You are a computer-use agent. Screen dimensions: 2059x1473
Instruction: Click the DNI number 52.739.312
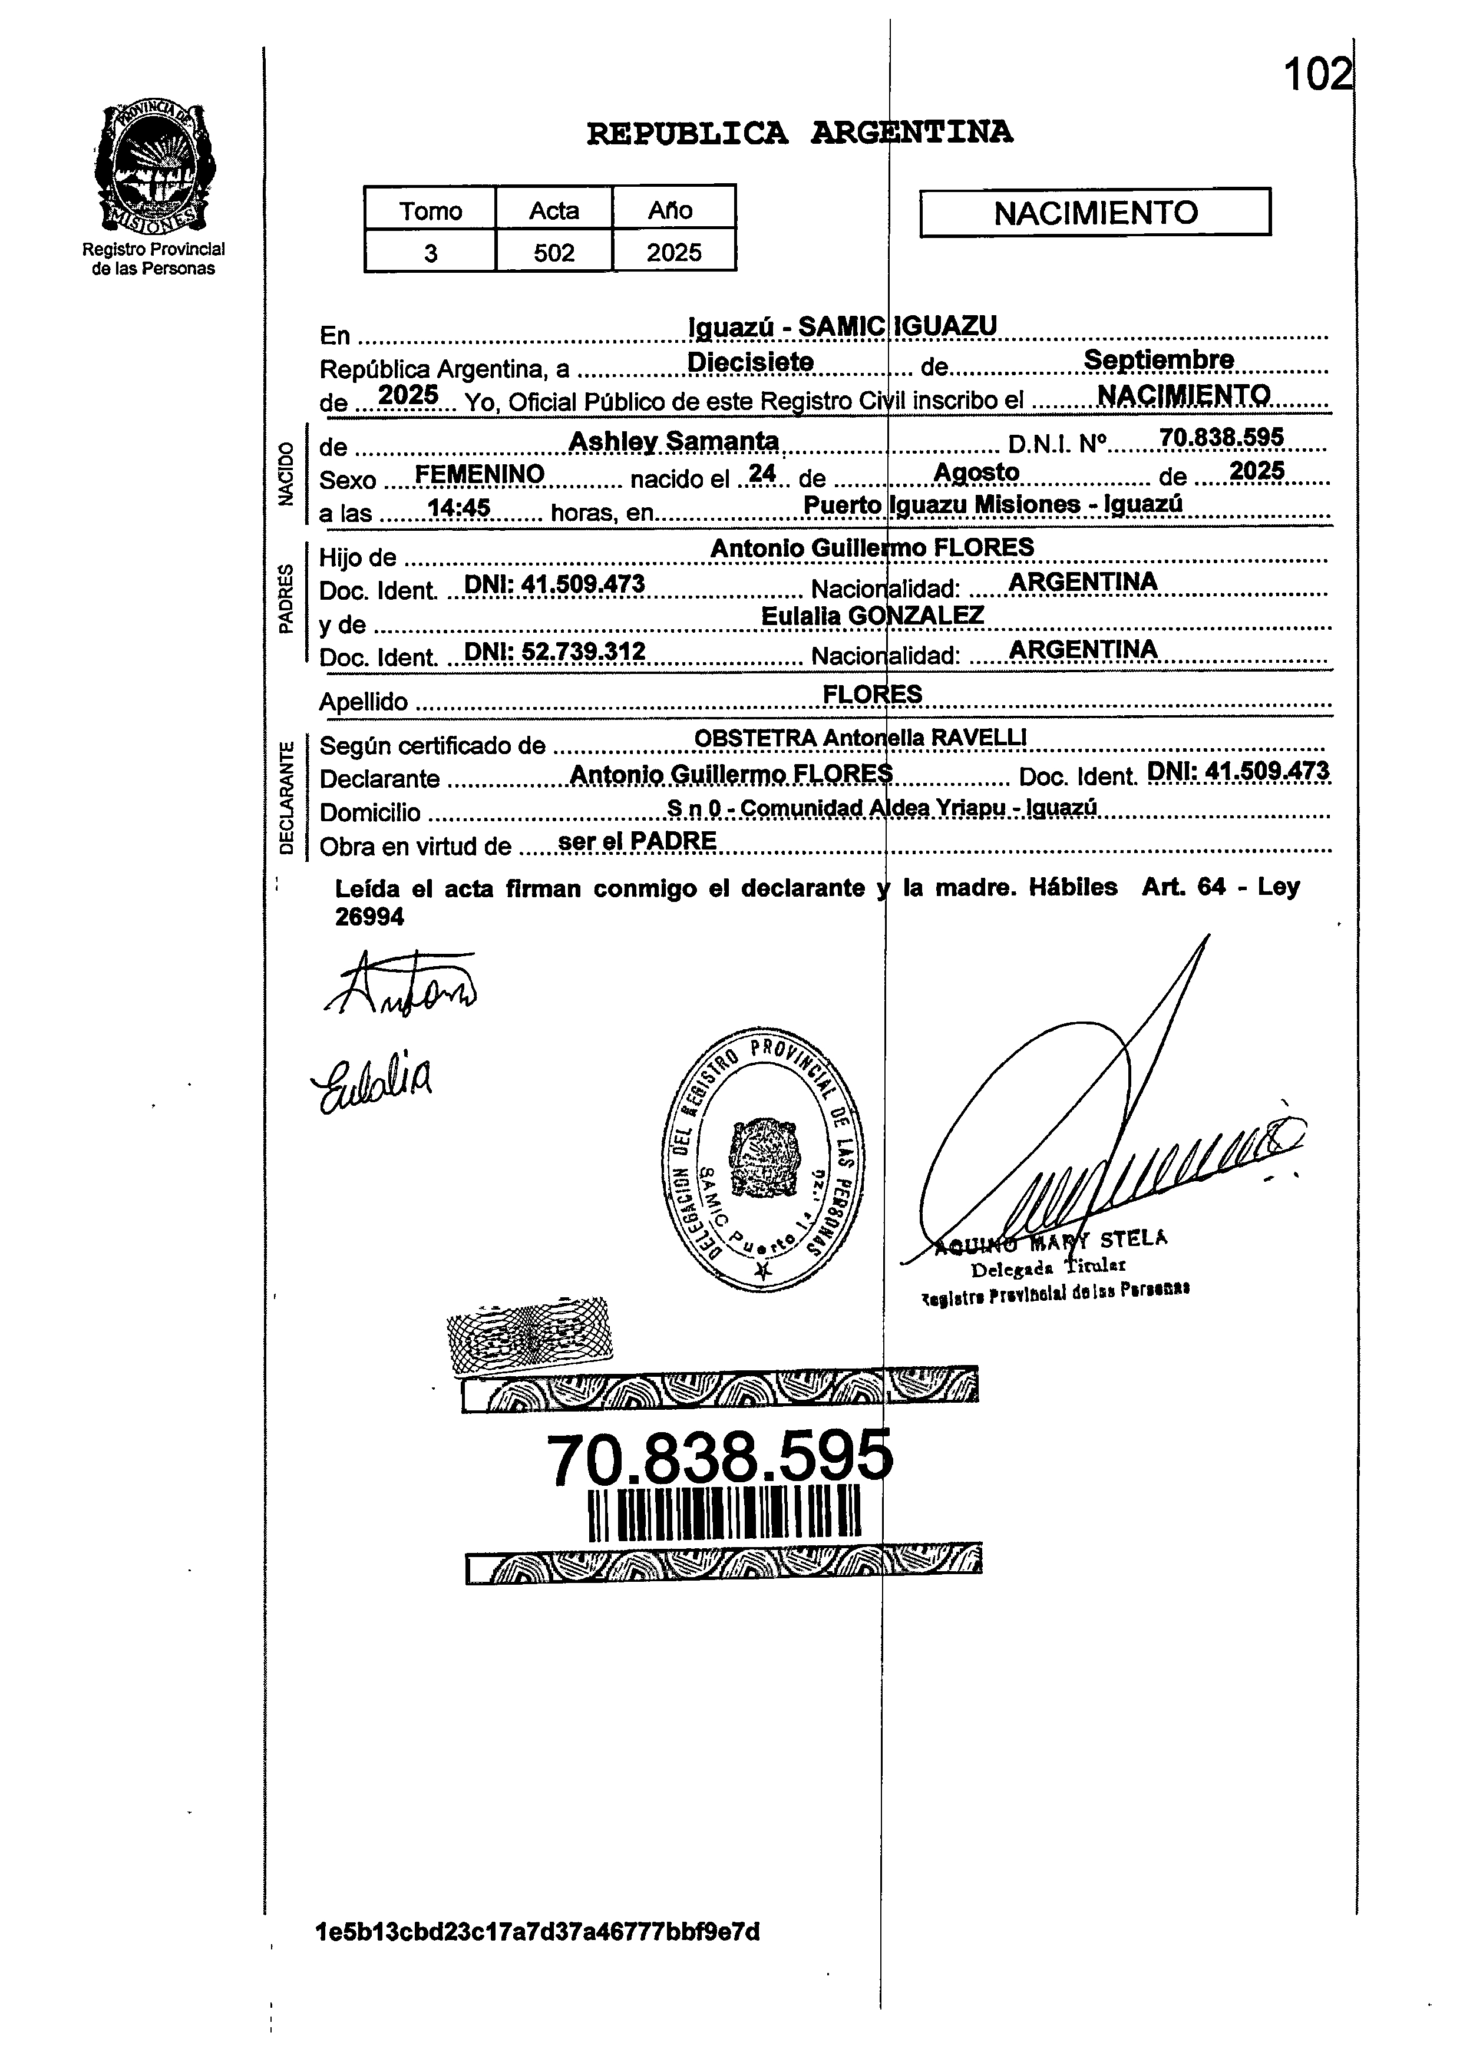[x=554, y=651]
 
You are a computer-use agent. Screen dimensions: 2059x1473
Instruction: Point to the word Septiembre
[x=1158, y=360]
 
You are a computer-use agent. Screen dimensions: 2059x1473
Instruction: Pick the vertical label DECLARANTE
[x=286, y=798]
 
